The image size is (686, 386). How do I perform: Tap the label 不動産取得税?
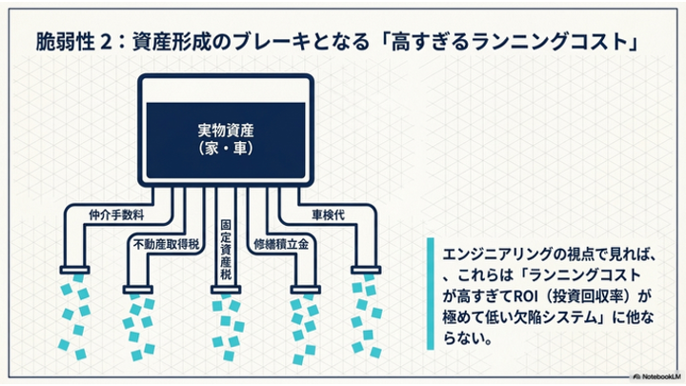click(x=166, y=242)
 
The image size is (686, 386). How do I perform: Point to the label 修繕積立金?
click(x=282, y=242)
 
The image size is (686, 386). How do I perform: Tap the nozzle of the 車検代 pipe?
click(x=367, y=270)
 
